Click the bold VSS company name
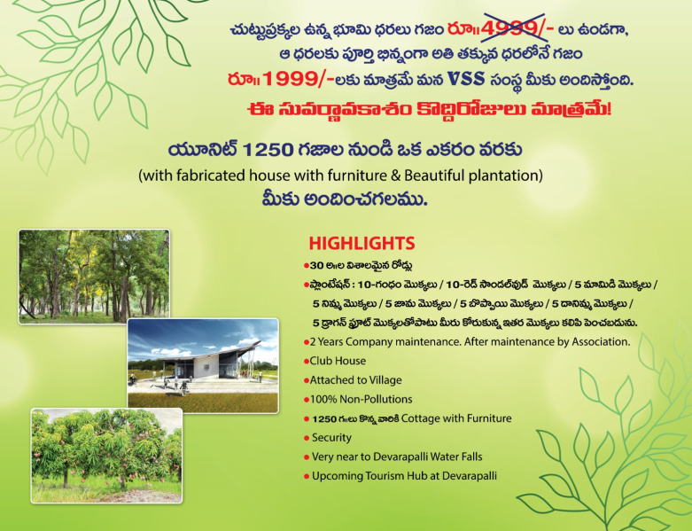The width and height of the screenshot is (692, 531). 466,79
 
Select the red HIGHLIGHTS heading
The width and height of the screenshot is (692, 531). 362,243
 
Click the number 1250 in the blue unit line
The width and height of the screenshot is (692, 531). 268,150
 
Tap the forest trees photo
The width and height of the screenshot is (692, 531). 94,277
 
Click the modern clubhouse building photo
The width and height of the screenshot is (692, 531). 203,365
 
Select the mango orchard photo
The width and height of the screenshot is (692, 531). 106,456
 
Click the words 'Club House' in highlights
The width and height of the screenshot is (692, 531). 338,361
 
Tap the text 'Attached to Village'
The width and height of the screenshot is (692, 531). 355,380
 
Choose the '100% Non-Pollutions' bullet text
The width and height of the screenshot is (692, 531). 361,399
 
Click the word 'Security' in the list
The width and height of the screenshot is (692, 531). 331,438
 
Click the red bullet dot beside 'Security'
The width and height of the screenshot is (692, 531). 307,438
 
